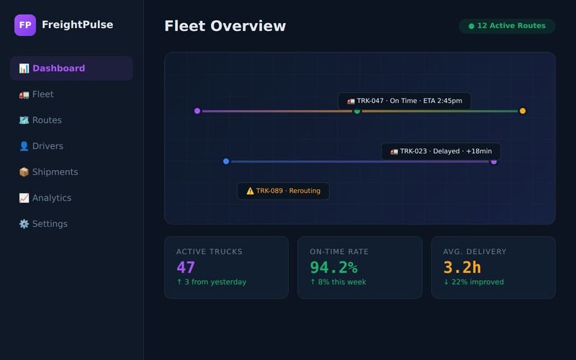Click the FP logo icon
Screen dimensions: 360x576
click(x=25, y=25)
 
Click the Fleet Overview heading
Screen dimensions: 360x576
click(x=225, y=26)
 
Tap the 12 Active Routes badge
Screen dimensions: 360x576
click(x=507, y=26)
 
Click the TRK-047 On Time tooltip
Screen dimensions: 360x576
click(x=405, y=101)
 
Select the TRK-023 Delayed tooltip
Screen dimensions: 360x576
click(x=441, y=151)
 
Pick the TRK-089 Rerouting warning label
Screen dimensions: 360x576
click(x=283, y=191)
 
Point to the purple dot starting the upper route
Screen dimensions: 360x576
click(x=197, y=111)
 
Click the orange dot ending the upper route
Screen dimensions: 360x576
click(x=523, y=111)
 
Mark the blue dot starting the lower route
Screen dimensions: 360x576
click(x=226, y=161)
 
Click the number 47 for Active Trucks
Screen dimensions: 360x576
click(x=186, y=268)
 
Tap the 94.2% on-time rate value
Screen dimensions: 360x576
click(x=333, y=268)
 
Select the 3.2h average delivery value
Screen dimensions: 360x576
click(x=462, y=268)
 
